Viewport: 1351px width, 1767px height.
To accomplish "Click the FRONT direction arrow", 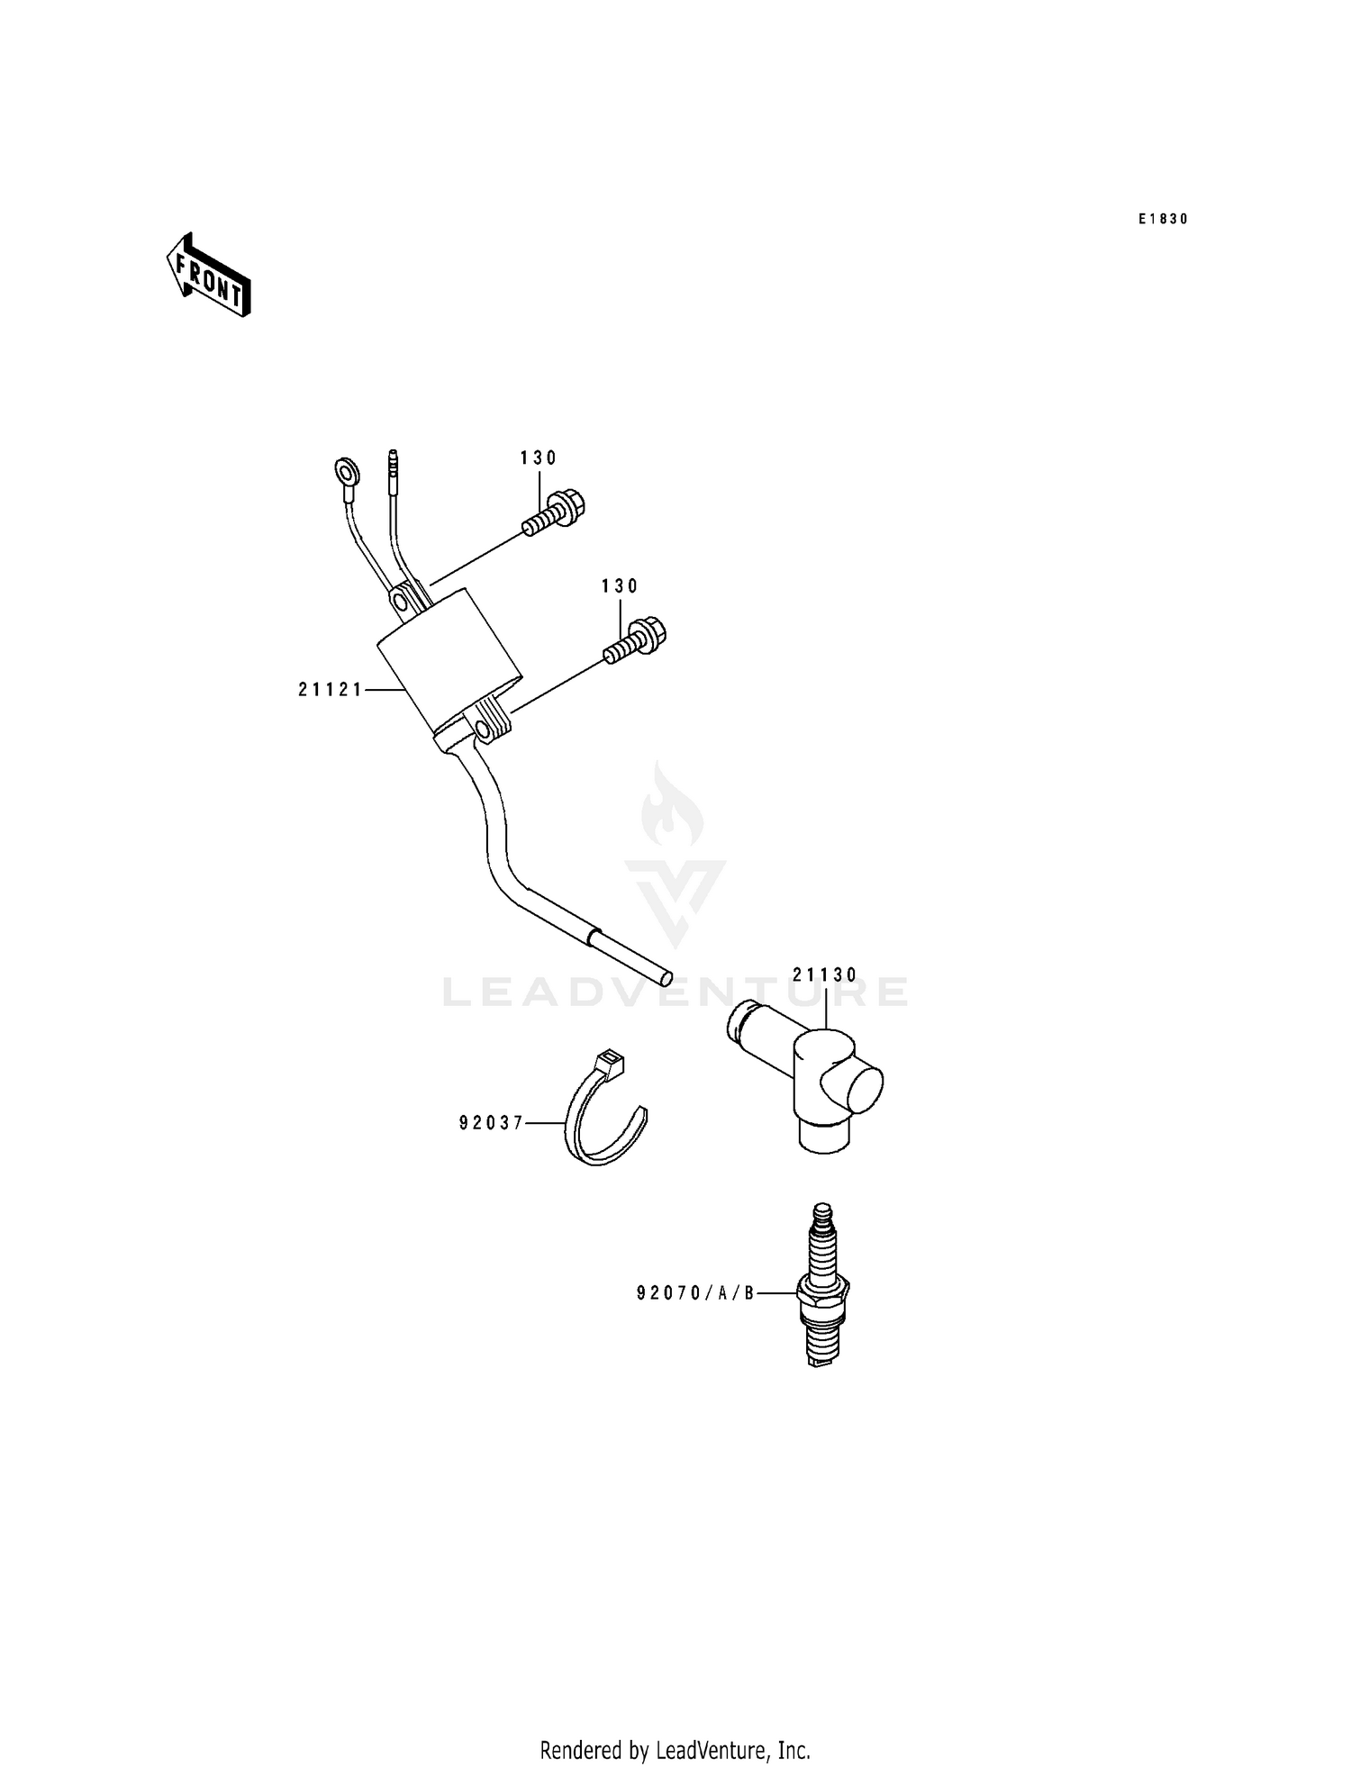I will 208,275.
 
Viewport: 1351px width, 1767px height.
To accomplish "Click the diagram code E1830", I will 1163,219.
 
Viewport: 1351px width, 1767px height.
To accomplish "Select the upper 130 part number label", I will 539,458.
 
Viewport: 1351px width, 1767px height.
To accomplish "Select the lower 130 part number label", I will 620,586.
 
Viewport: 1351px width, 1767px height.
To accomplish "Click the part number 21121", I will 331,690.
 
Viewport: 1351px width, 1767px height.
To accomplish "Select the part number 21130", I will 825,974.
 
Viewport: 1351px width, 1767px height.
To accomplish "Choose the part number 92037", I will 491,1123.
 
